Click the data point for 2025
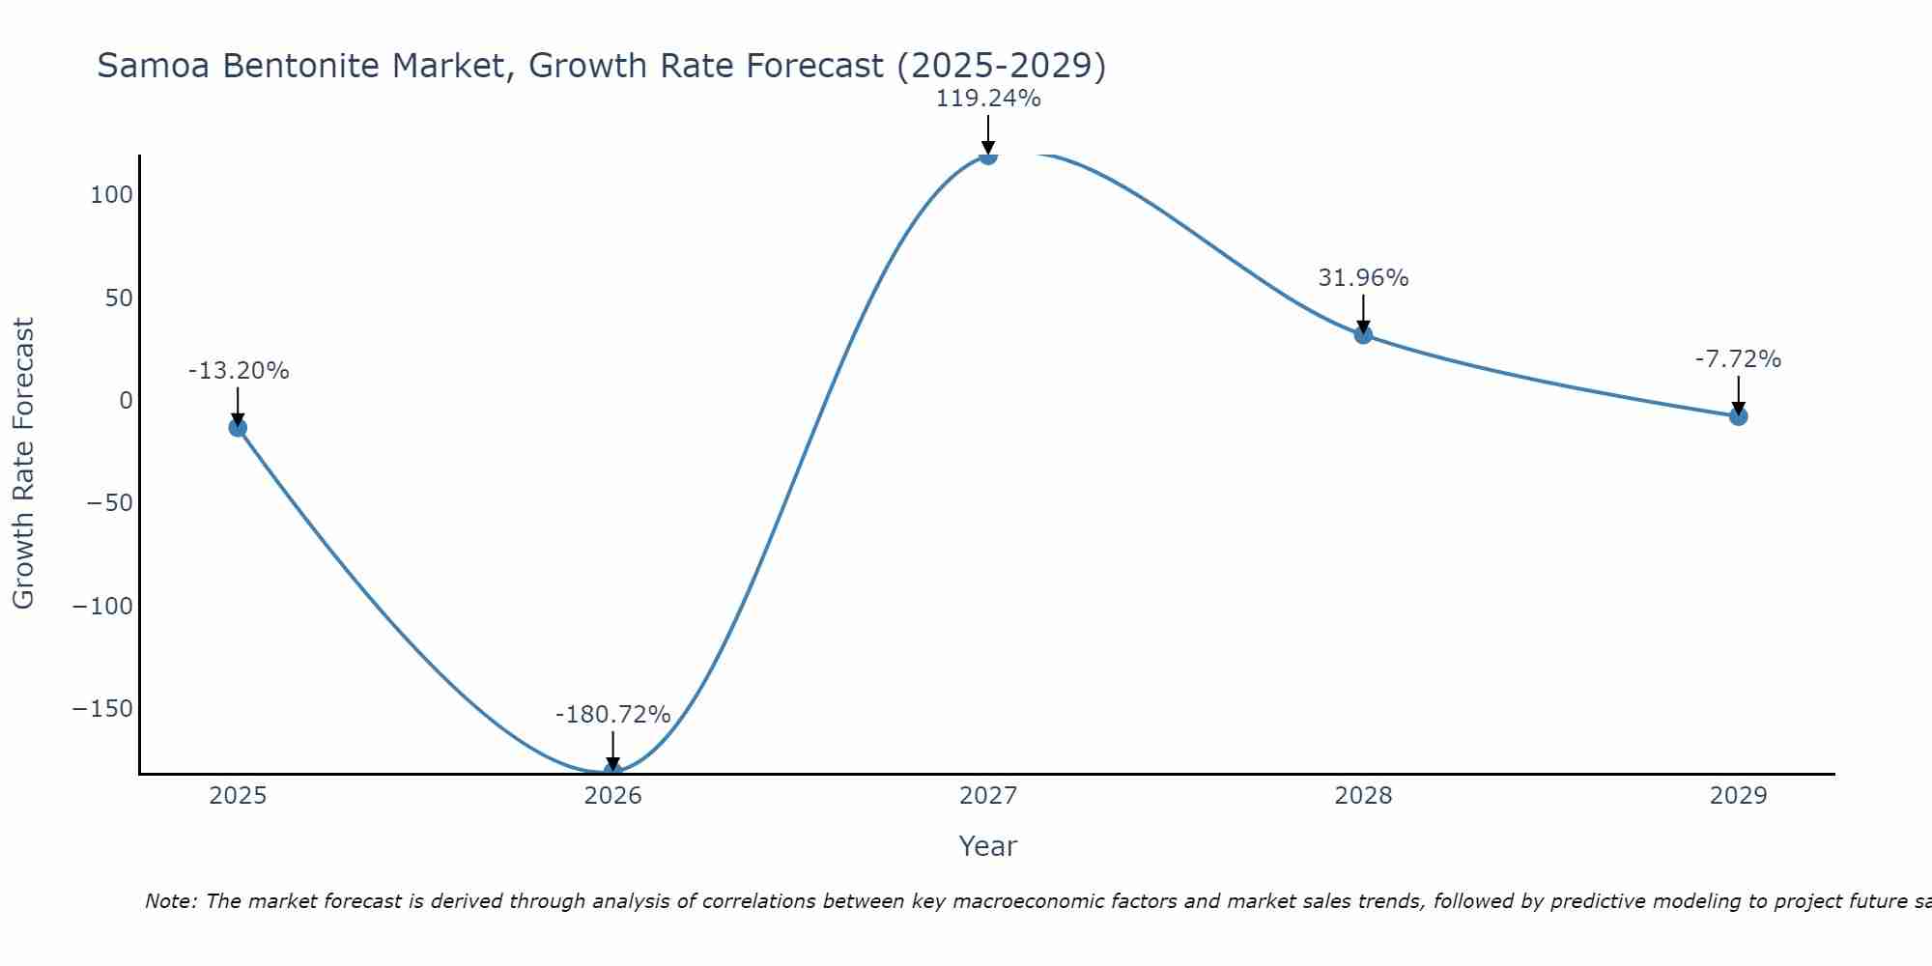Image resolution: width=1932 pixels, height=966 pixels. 238,428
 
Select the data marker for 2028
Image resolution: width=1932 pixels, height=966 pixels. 1363,334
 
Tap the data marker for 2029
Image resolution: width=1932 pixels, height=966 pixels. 1738,416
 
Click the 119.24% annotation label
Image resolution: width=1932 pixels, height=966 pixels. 987,99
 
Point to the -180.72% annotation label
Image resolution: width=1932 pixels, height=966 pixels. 612,715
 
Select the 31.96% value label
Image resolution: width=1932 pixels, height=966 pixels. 1363,278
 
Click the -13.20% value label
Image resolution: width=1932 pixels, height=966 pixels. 238,371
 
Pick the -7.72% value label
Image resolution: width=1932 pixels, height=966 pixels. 1738,359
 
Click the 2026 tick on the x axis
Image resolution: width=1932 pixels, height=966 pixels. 612,796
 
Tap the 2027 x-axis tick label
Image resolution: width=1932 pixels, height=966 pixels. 987,796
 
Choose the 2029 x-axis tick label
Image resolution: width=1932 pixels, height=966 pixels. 1738,796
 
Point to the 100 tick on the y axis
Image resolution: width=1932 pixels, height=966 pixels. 111,195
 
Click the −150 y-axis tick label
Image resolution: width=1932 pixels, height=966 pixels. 102,709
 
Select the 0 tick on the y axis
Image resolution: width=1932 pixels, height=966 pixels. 126,401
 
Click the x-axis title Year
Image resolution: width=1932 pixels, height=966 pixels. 987,846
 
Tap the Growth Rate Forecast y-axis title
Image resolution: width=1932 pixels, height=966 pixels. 23,464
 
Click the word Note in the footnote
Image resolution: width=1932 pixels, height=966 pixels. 170,901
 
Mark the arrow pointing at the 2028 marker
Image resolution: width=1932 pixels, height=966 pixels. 1363,313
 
